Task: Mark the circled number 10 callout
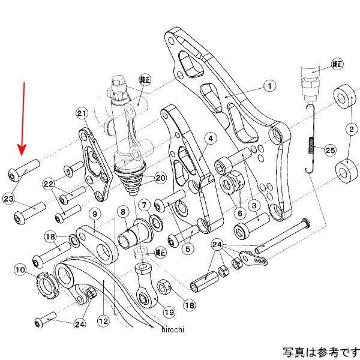20,270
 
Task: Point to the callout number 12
103,321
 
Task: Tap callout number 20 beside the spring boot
160,178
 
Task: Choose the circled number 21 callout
82,113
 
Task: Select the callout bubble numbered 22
48,184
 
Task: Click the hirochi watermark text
173,329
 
